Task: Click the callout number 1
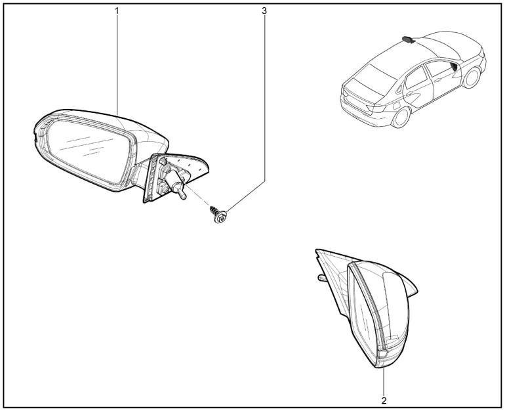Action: tap(117, 11)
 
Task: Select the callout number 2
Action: tap(384, 400)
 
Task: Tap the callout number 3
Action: tap(264, 11)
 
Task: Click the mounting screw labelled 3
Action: tap(218, 214)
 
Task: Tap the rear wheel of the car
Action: tap(401, 118)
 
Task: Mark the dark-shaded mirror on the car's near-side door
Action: tap(454, 67)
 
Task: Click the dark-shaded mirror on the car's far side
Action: tap(408, 40)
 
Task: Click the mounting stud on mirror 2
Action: tap(321, 278)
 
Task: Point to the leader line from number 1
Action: tap(117, 65)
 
